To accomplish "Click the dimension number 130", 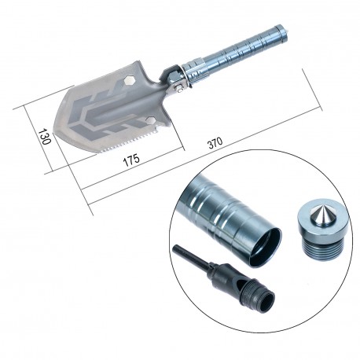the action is (44, 137).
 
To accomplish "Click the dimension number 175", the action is (132, 160).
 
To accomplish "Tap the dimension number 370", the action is (215, 142).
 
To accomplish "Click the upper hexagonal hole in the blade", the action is (129, 80).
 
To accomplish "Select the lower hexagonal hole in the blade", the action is (150, 121).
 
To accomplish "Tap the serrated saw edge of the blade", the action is (123, 142).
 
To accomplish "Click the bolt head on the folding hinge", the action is (180, 89).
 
